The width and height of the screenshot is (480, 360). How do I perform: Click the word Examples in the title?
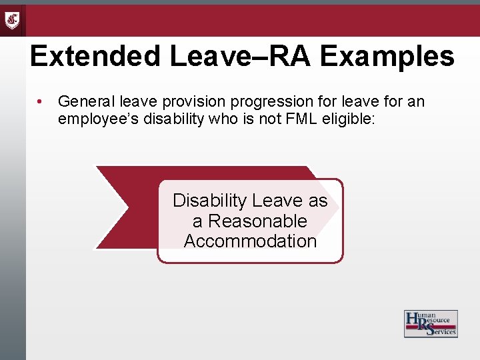pyautogui.click(x=387, y=57)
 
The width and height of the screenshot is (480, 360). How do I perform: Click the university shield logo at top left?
pyautogui.click(x=13, y=20)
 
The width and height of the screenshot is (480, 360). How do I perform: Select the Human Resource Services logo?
pyautogui.click(x=430, y=323)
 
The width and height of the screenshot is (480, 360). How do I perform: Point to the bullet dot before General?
pyautogui.click(x=41, y=102)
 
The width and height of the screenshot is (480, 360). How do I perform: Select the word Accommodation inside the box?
pyautogui.click(x=250, y=241)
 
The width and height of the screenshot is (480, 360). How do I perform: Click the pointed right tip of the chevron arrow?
pyautogui.click(x=338, y=207)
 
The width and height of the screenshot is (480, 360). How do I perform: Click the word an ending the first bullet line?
pyautogui.click(x=416, y=101)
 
